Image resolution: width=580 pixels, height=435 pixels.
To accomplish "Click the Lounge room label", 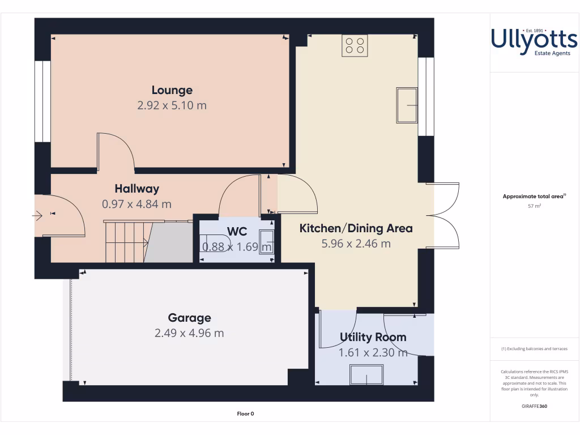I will coord(172,90).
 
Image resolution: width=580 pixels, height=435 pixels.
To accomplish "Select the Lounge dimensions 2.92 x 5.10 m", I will coord(172,105).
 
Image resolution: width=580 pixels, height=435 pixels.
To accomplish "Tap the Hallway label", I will coord(137,189).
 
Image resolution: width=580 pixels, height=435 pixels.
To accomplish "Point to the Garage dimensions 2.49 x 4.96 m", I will coord(189,333).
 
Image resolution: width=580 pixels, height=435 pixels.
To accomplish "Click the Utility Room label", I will coord(373,337).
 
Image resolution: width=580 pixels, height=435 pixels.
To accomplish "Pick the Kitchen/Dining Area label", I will coord(356,229).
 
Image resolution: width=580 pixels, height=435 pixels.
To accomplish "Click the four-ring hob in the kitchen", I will coord(355,46).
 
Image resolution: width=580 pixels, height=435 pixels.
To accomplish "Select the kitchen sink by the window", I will coord(406,105).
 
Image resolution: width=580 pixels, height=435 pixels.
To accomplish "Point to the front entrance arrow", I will coord(37,215).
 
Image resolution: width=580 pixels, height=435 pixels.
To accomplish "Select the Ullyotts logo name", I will coord(534,40).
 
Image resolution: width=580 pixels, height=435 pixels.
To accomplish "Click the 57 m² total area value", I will coord(534,206).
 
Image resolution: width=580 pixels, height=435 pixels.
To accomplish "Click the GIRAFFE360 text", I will coord(534,406).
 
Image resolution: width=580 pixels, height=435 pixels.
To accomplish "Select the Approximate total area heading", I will coord(534,197).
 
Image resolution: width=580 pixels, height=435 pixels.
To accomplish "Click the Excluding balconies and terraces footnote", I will coord(534,349).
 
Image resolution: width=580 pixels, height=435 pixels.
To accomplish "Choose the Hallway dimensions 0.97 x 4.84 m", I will coord(137,204).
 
